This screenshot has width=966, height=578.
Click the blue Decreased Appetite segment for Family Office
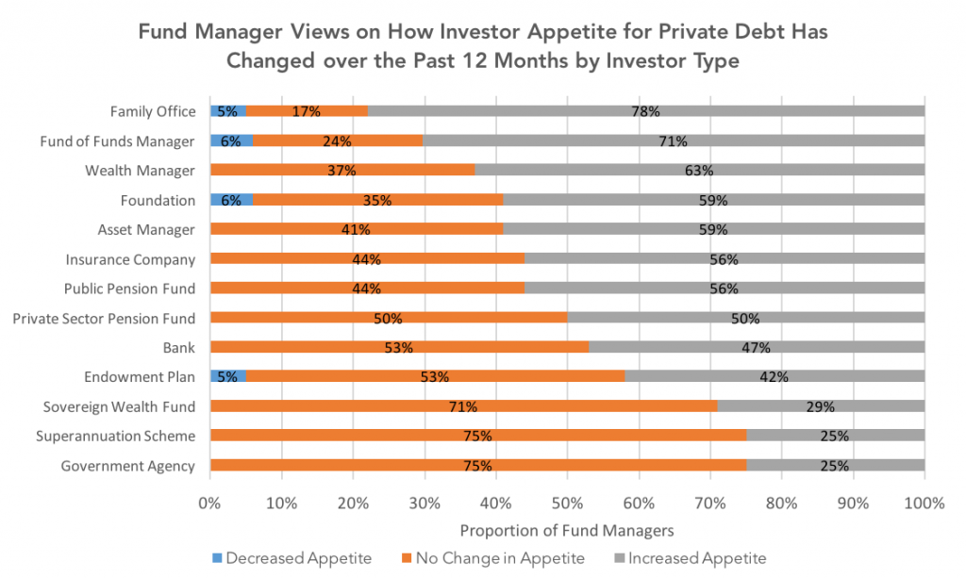click(227, 111)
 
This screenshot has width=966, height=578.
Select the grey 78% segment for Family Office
click(645, 111)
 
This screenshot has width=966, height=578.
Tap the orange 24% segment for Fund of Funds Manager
click(337, 141)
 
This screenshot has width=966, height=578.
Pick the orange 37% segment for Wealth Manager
click(341, 171)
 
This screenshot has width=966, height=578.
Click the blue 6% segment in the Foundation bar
click(231, 200)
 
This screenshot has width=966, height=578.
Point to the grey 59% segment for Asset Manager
click(713, 229)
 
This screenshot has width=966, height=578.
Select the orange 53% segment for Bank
click(399, 347)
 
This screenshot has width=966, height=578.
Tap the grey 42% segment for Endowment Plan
click(774, 376)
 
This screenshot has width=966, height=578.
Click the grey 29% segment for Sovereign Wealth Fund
click(821, 406)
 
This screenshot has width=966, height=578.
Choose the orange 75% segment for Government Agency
click(477, 466)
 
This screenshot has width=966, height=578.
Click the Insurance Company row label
click(130, 259)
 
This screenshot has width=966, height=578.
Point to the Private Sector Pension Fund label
click(104, 318)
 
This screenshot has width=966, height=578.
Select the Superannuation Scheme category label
click(115, 436)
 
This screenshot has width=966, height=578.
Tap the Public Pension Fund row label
click(130, 289)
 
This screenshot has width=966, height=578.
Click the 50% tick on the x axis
click(566, 504)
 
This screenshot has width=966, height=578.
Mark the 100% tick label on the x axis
click(924, 504)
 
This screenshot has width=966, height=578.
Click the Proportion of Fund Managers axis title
click(566, 530)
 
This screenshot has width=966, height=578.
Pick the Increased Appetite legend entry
click(689, 558)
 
